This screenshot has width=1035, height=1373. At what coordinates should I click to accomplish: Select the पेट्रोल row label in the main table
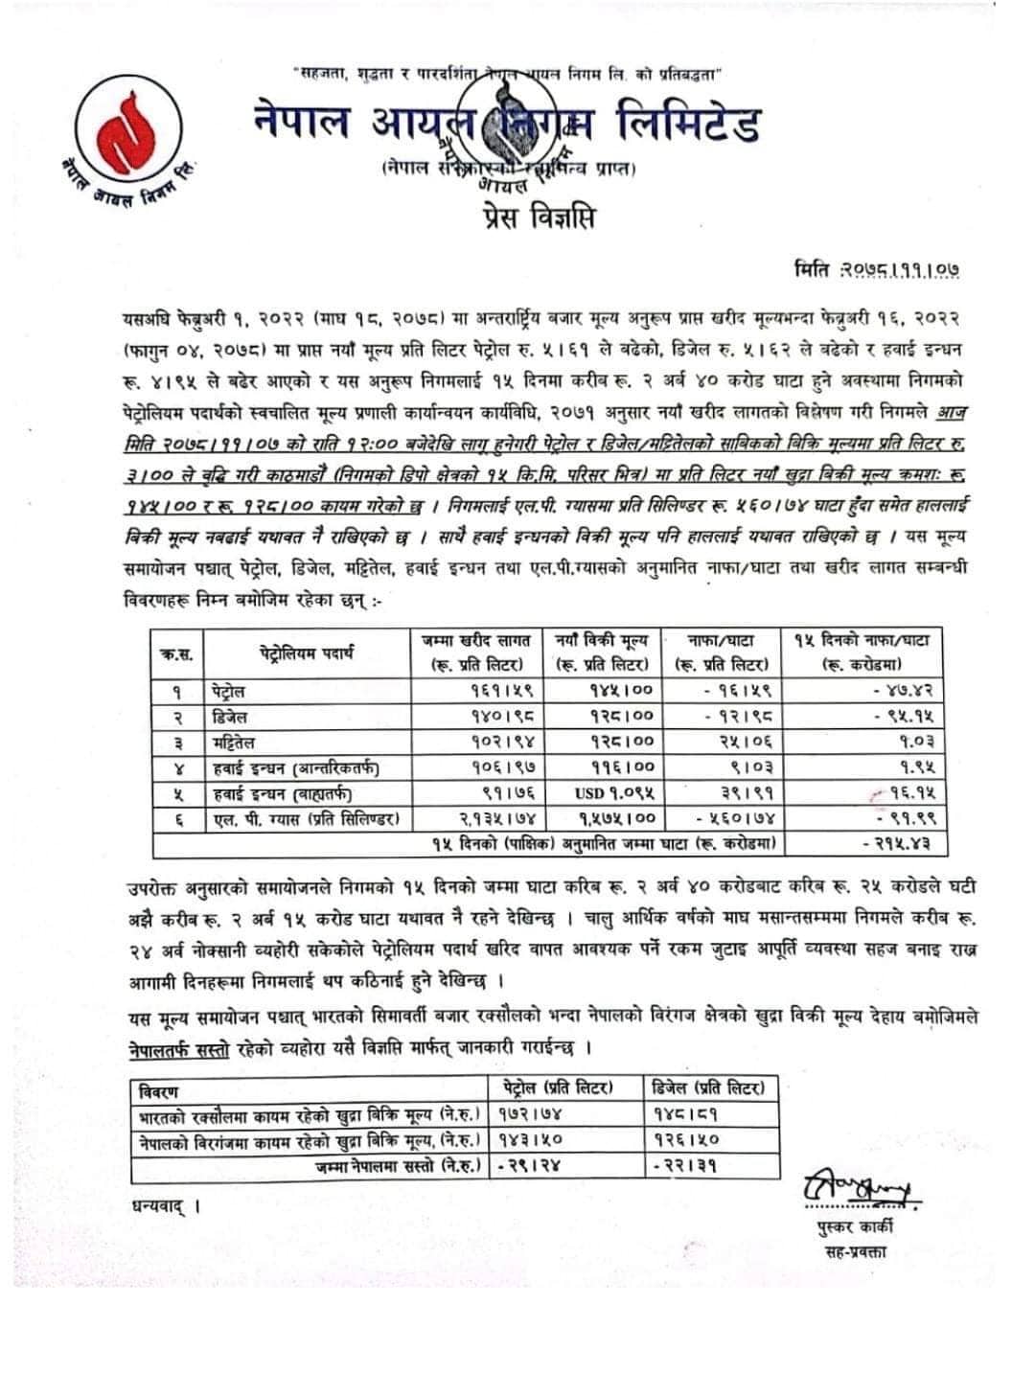(229, 691)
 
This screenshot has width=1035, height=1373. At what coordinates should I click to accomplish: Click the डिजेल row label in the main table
(229, 716)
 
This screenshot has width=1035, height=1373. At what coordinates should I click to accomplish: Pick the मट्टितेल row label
(234, 742)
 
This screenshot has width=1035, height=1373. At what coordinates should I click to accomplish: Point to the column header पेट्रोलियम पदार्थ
(307, 652)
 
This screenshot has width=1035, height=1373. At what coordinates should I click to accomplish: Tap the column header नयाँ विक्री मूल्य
(602, 652)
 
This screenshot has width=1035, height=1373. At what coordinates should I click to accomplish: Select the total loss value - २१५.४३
(903, 844)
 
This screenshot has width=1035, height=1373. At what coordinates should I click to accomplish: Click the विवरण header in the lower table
(158, 1091)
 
